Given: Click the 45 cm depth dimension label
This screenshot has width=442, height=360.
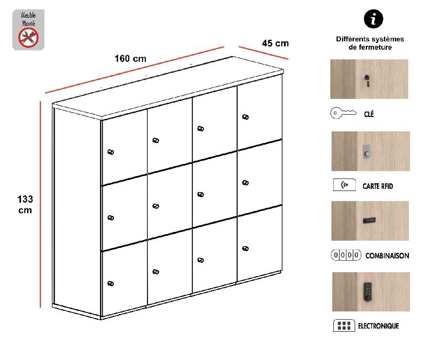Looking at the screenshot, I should point(275,44).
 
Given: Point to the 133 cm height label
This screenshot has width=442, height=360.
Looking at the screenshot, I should point(25,204).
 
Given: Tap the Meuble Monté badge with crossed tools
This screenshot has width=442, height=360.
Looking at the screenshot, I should point(28,30).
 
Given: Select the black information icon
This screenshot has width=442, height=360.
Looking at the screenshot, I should point(373,19).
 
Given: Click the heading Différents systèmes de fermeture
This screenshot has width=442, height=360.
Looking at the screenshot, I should point(370,43).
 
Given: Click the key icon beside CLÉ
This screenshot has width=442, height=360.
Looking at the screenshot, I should point(343,114).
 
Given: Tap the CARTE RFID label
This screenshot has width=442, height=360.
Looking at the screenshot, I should point(378,186).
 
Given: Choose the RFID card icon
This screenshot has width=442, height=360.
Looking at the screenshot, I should point(344,185).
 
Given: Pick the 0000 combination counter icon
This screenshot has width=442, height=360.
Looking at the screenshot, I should point(346,255).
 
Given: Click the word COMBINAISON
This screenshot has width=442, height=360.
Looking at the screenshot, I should point(388,256).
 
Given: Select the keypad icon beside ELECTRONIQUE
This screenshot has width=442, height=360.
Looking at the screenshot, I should point(344,325).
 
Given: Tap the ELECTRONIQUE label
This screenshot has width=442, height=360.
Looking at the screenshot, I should point(378,326).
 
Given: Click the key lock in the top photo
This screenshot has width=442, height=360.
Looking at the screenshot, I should point(366,78).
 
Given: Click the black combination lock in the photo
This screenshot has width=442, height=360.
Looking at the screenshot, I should point(369,221).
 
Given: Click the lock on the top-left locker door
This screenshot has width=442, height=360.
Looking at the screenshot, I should point(110,152).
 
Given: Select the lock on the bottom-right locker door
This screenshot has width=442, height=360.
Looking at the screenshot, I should point(245,248).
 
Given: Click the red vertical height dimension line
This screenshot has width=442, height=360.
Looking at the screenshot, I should point(40,204).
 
